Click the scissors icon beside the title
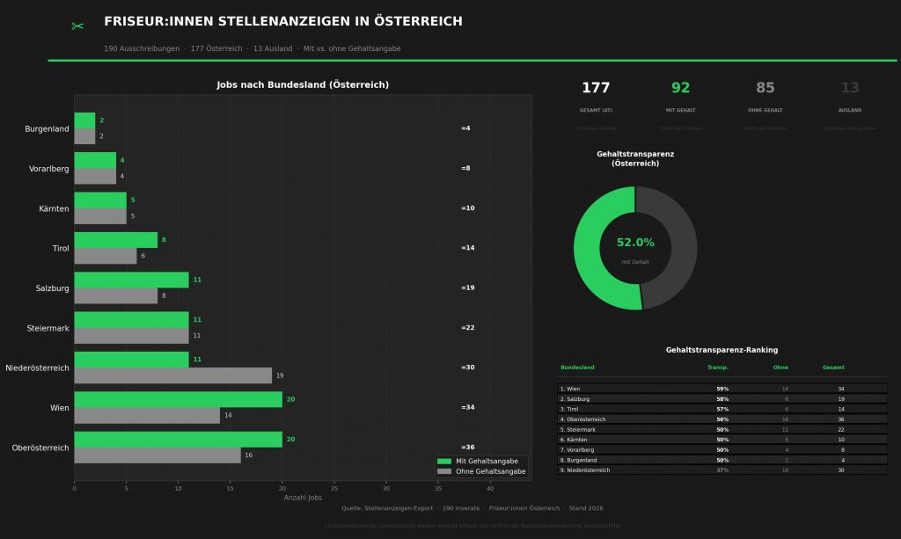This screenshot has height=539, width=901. point(77,26)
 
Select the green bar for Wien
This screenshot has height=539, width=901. point(178,399)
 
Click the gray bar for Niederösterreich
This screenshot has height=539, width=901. point(172,375)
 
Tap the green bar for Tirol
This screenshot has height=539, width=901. point(115,240)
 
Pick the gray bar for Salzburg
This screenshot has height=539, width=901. point(115,296)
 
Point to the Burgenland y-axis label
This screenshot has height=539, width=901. point(47,129)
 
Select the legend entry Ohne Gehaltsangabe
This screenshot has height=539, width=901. point(490,472)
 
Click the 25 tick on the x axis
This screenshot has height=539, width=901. point(333,488)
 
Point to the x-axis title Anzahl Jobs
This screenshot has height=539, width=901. point(303,498)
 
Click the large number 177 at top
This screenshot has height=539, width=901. point(596,88)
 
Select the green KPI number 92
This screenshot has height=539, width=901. point(681,88)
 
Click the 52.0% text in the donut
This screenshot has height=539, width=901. point(635,243)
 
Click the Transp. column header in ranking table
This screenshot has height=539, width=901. point(718,368)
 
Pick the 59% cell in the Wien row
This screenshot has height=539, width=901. point(722,389)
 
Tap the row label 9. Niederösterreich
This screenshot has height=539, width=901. point(585,470)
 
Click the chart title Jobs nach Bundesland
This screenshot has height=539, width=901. point(303,85)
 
